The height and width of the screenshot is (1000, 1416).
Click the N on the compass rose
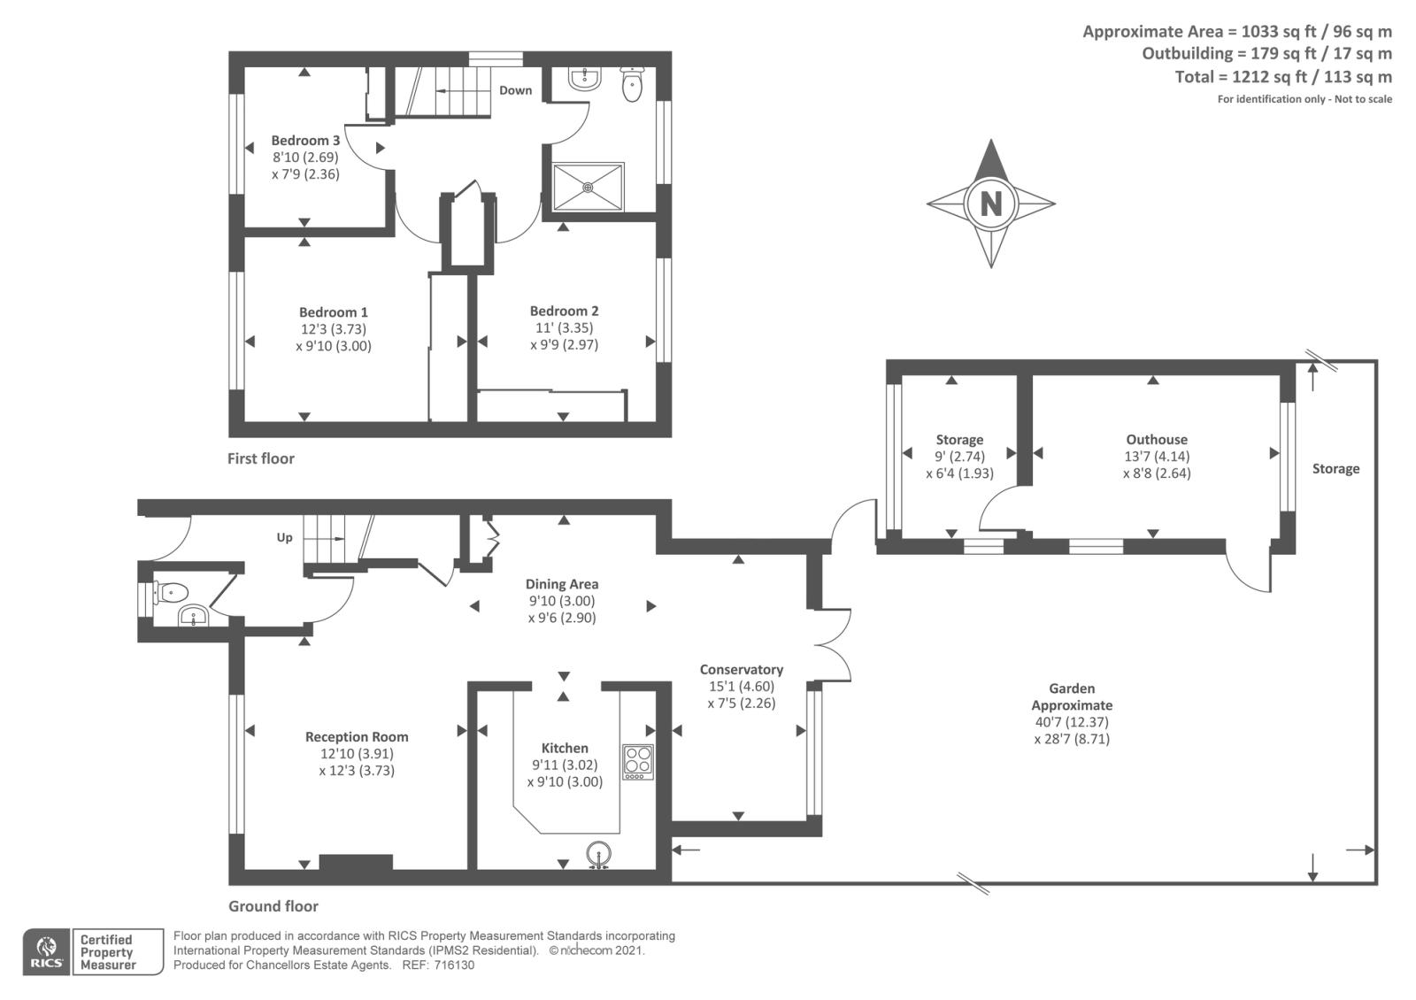(990, 204)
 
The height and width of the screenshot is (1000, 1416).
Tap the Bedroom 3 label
(305, 141)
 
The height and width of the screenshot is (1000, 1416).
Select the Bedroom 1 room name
(333, 312)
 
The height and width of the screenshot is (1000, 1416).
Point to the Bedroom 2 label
(564, 311)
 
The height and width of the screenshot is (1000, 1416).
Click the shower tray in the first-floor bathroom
(589, 187)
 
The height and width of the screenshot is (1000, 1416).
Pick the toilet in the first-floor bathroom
(632, 85)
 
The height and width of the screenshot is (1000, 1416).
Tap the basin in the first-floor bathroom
(585, 79)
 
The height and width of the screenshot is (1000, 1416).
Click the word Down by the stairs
(516, 90)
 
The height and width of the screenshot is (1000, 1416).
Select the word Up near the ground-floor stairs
(284, 537)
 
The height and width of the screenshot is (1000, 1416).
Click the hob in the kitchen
(638, 762)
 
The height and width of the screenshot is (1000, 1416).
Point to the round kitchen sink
(598, 855)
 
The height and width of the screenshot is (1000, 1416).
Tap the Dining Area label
(562, 584)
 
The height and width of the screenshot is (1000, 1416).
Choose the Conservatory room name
(742, 669)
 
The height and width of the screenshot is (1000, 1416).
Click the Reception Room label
(357, 737)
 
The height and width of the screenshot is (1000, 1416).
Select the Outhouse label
(1157, 439)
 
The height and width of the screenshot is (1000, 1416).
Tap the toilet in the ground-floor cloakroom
(172, 593)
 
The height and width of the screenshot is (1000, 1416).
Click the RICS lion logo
(47, 952)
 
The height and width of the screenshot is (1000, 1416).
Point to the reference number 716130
(454, 965)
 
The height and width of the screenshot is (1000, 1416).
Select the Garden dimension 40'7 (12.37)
(1072, 722)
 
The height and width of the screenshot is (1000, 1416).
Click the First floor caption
(261, 458)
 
